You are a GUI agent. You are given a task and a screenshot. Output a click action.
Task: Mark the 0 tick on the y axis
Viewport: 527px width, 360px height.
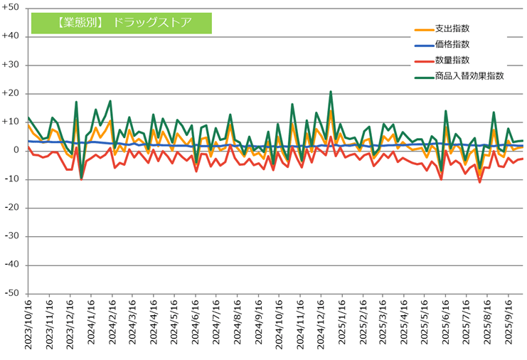tap(16, 151)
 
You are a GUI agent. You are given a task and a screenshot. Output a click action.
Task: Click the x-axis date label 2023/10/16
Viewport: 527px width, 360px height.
tap(28, 324)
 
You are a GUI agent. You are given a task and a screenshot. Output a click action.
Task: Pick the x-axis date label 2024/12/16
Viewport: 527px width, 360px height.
tap(321, 324)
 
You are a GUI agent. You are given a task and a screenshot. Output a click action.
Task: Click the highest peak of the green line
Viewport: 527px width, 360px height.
tap(331, 92)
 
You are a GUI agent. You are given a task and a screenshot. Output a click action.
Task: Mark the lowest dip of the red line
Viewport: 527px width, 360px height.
tap(480, 182)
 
